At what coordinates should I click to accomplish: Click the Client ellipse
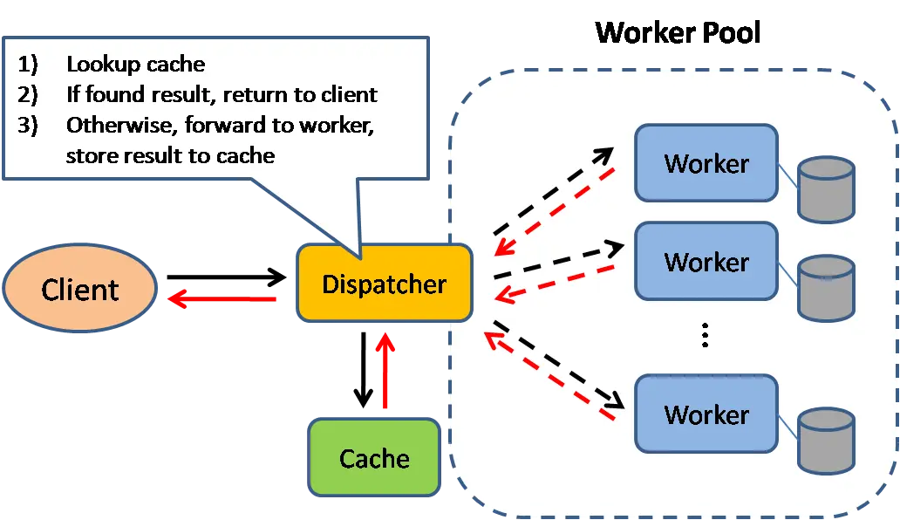[x=80, y=289]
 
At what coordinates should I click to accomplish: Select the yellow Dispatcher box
[x=385, y=284]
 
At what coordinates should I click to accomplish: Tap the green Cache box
[x=374, y=458]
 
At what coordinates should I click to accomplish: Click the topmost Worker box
[x=706, y=163]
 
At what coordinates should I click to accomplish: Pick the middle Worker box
[x=706, y=262]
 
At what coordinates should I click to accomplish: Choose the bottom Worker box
[x=706, y=414]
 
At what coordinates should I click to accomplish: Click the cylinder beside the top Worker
[x=827, y=188]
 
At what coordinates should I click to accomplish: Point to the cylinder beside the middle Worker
[x=827, y=287]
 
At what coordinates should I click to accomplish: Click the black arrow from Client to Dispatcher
[x=227, y=278]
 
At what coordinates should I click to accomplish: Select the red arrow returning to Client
[x=222, y=299]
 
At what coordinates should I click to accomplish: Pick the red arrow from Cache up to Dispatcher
[x=385, y=371]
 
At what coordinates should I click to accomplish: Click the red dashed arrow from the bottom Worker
[x=549, y=380]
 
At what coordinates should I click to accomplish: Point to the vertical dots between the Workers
[x=706, y=336]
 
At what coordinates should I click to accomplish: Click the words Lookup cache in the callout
[x=135, y=65]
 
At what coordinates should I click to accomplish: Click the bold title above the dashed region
[x=677, y=33]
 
